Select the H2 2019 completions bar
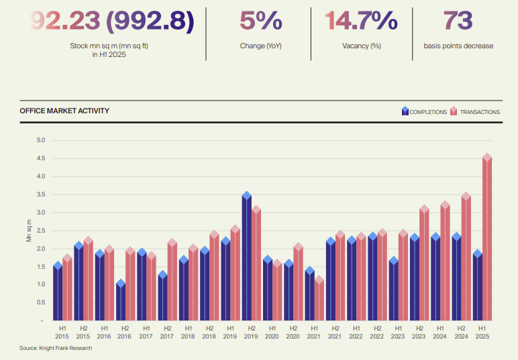(x=246, y=258)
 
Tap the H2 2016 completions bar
(x=121, y=301)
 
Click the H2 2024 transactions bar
(x=466, y=258)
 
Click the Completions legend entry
(x=423, y=112)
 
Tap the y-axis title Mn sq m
(x=29, y=230)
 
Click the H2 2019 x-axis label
(x=251, y=332)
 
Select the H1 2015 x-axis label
(x=62, y=332)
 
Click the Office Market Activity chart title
(x=64, y=111)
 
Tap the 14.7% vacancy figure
(x=361, y=21)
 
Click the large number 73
(x=458, y=21)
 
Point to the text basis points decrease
(x=458, y=46)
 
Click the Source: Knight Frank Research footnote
(x=56, y=348)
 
